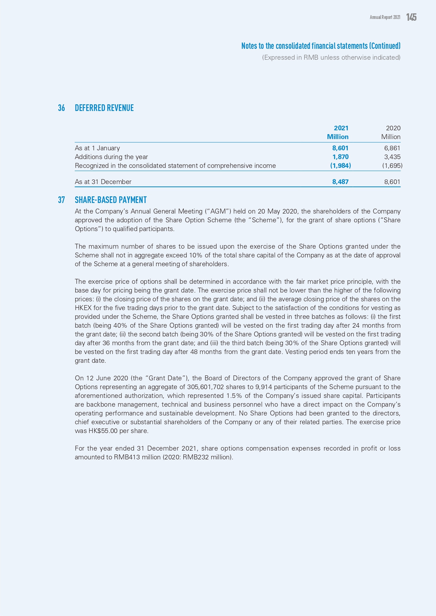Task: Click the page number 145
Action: pyautogui.click(x=411, y=17)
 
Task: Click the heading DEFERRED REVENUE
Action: pyautogui.click(x=104, y=108)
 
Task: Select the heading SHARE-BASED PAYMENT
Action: pyautogui.click(x=111, y=200)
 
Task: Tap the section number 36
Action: pyautogui.click(x=61, y=108)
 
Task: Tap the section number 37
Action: pyautogui.click(x=61, y=200)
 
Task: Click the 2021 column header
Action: pyautogui.click(x=341, y=128)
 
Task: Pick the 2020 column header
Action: pyautogui.click(x=393, y=128)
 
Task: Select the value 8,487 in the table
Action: pyautogui.click(x=340, y=182)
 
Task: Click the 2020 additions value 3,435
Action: pyautogui.click(x=392, y=157)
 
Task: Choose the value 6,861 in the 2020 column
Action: pyautogui.click(x=392, y=148)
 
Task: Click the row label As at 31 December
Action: pyautogui.click(x=103, y=182)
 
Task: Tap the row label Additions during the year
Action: pyautogui.click(x=111, y=157)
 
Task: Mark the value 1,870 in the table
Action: pyautogui.click(x=340, y=157)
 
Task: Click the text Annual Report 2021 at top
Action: pyautogui.click(x=385, y=17)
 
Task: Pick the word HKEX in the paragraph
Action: pyautogui.click(x=83, y=308)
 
